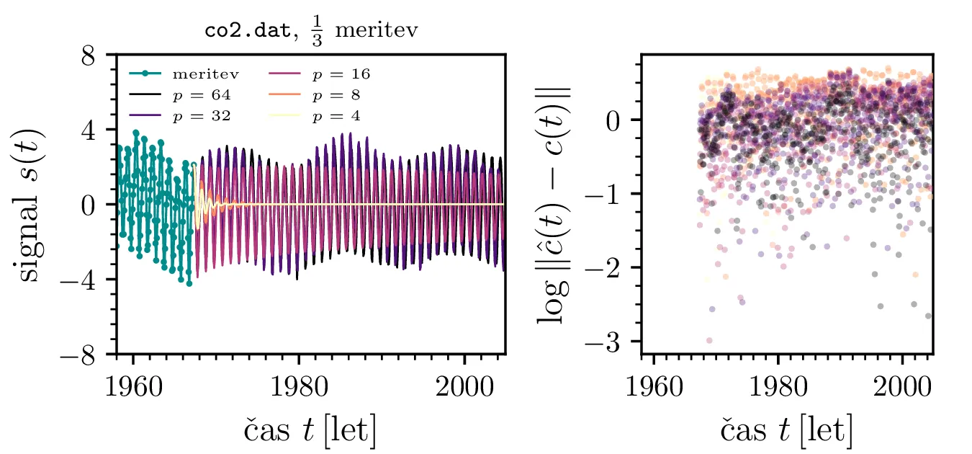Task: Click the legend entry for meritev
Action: click(x=205, y=74)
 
